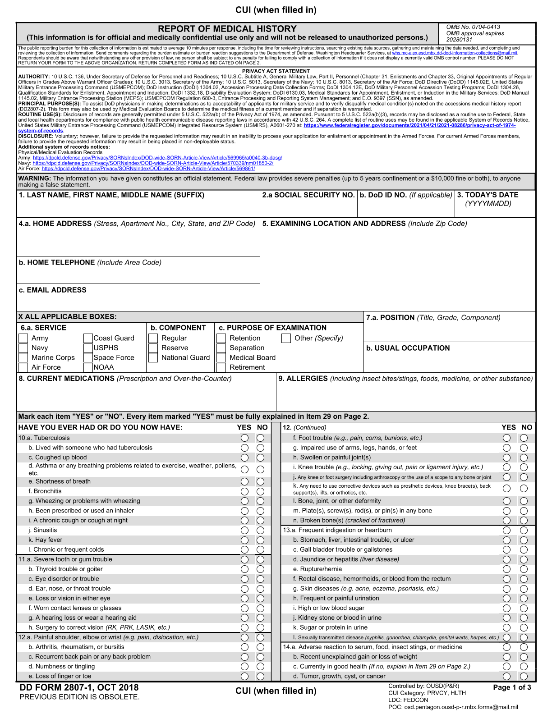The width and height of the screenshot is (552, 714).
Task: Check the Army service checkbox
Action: (x=23, y=338)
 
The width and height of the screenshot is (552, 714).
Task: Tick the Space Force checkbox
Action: (x=88, y=357)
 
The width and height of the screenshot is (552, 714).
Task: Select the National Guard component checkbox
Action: (x=153, y=357)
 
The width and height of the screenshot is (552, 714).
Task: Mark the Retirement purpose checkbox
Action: (x=221, y=367)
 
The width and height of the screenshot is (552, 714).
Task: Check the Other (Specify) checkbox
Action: (x=286, y=338)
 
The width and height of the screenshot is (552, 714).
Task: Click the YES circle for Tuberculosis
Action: (x=244, y=438)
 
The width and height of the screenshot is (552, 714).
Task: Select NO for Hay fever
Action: (x=260, y=540)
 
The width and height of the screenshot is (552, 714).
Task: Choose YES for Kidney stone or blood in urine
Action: (x=506, y=618)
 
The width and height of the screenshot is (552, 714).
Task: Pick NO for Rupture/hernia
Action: (x=523, y=569)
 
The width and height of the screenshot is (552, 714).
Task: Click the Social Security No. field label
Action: (x=308, y=195)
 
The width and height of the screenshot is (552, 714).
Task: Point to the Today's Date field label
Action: (x=488, y=195)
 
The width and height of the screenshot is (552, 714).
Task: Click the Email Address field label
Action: (x=53, y=290)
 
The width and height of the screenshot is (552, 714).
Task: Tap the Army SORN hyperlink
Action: (x=157, y=158)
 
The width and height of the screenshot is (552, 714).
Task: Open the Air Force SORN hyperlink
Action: (x=148, y=169)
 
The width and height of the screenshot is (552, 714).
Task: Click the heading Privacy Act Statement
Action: (x=276, y=71)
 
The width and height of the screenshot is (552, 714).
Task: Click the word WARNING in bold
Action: (x=34, y=178)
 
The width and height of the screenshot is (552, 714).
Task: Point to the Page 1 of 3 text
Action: (x=512, y=687)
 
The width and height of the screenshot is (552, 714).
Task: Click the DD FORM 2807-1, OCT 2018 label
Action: (x=79, y=687)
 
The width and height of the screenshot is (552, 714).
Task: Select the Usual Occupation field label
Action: (x=408, y=348)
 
